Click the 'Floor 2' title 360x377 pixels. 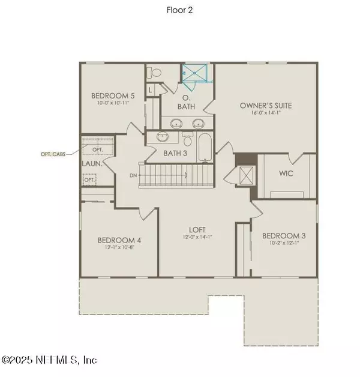click(x=180, y=10)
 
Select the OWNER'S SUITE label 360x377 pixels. click(x=266, y=106)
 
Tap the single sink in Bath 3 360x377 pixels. click(x=161, y=137)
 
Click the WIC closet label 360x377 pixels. click(x=286, y=175)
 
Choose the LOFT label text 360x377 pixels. click(x=196, y=229)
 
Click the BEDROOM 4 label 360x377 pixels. click(x=119, y=241)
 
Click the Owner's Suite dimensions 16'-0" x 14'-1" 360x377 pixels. click(x=266, y=114)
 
